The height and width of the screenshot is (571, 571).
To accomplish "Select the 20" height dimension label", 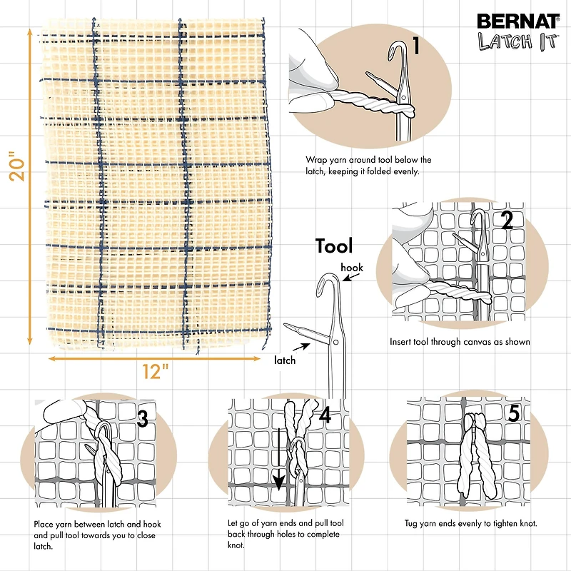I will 21,166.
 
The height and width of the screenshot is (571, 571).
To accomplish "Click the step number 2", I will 507,221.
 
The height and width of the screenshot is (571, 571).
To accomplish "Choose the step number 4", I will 325,416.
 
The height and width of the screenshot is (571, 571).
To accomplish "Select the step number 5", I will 514,413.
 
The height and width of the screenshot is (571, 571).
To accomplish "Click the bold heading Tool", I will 335,246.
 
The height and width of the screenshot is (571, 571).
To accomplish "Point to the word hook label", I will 352,267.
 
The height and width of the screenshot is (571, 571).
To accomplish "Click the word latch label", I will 285,360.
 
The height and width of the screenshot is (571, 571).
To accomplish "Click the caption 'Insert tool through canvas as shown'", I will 460,342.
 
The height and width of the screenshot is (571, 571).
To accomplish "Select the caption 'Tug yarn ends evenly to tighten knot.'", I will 471,524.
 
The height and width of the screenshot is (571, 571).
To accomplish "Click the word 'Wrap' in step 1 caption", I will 315,160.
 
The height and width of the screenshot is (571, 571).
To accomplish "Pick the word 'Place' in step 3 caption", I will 44,525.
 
